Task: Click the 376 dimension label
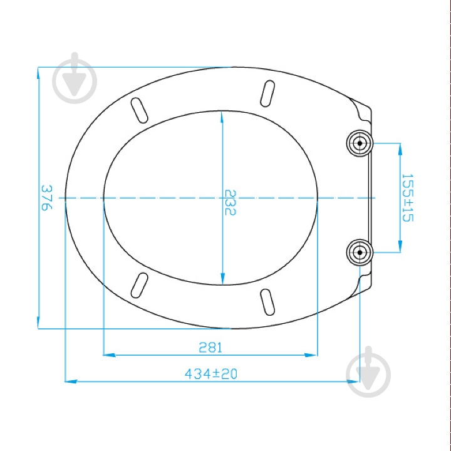click(x=46, y=198)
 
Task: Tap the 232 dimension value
click(x=230, y=202)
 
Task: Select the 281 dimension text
click(x=210, y=348)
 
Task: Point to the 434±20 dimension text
click(x=211, y=374)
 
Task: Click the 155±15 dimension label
click(x=407, y=197)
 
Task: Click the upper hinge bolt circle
click(x=360, y=143)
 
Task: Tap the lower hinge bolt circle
click(x=360, y=252)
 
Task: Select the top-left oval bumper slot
click(x=139, y=110)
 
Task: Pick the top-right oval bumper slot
click(x=267, y=93)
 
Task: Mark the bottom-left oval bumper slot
click(x=139, y=285)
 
